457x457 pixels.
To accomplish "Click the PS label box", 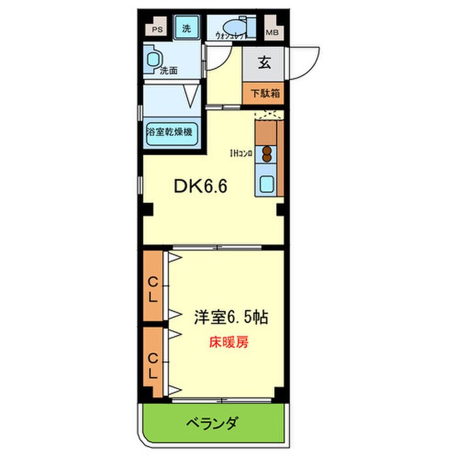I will pyautogui.click(x=157, y=29).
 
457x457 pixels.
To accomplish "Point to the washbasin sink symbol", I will pyautogui.click(x=155, y=59).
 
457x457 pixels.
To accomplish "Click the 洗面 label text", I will pyautogui.click(x=169, y=70).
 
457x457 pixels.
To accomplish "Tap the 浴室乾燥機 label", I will pyautogui.click(x=170, y=131).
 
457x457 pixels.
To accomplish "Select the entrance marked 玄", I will pyautogui.click(x=264, y=64).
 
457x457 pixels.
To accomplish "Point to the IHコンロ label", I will pyautogui.click(x=240, y=154).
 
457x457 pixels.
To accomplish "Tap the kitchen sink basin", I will pyautogui.click(x=268, y=183).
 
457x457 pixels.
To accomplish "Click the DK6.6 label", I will pyautogui.click(x=200, y=187).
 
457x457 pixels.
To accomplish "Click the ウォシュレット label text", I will pyautogui.click(x=230, y=38).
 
